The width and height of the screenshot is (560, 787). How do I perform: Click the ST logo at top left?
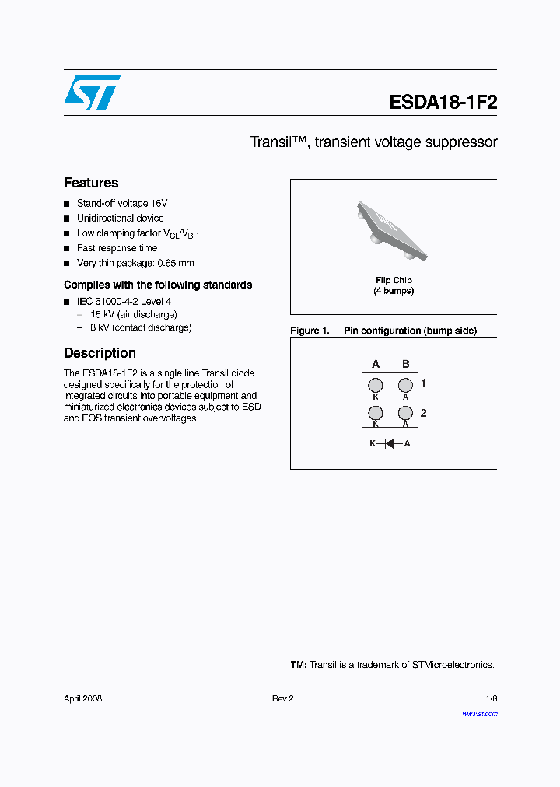coord(92,93)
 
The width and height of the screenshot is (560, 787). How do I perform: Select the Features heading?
coord(91,184)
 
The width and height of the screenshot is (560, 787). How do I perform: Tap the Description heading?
coord(100,353)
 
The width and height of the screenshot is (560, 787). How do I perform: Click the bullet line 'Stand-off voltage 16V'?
coord(122,203)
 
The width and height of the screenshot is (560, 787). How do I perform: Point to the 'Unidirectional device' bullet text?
coord(120,219)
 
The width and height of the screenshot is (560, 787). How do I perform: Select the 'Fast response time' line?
coord(117,248)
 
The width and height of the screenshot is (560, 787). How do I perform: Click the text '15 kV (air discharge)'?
coord(133,314)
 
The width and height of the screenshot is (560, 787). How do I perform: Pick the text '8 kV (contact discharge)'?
coord(140,327)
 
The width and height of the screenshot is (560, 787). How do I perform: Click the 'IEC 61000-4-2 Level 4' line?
coord(124,301)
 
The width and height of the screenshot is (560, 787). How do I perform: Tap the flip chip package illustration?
coord(393,230)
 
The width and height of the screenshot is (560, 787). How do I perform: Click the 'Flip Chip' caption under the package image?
coord(394,280)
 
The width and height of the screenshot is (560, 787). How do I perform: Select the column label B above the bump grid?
coord(405,364)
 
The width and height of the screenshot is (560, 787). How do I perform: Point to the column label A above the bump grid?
coord(376,364)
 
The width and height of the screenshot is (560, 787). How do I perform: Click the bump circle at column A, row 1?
coord(376,385)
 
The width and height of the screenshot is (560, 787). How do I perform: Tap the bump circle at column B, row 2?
coord(405,413)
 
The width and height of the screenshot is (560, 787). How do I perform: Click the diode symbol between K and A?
coord(390,443)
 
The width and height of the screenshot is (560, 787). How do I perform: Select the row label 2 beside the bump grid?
coord(423,413)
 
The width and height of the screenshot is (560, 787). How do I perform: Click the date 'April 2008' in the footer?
coord(82,698)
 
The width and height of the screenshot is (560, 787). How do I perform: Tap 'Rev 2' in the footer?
coord(282,698)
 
